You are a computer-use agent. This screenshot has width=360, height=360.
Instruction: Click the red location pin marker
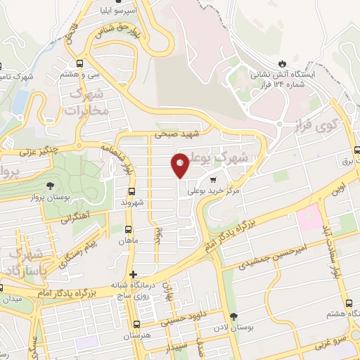pos(180,165)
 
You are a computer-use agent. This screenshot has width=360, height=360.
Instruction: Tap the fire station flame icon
pos(283,63)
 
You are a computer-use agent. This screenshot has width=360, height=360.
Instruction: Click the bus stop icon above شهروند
pos(131,191)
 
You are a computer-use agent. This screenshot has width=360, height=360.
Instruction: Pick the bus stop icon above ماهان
pos(128,229)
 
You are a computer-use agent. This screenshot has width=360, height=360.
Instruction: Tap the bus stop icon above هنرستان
pos(136,325)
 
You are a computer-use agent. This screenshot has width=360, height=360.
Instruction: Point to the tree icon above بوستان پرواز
pos(50,186)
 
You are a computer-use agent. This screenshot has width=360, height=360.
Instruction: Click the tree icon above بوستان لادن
pos(234,317)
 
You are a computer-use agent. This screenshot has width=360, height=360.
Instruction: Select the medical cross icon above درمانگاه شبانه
pos(133,274)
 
